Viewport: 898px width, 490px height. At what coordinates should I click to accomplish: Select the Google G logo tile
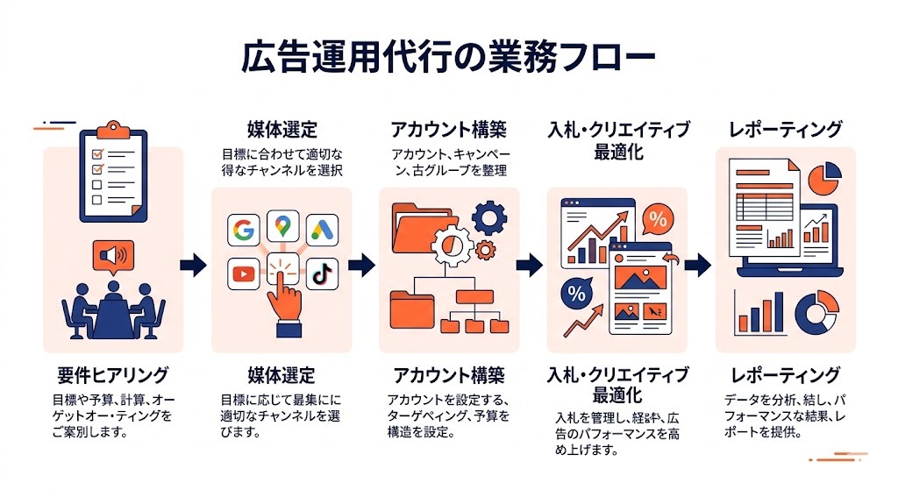(244, 230)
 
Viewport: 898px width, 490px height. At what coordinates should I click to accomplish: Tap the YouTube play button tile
(243, 273)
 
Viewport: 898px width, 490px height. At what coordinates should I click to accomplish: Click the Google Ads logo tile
(321, 230)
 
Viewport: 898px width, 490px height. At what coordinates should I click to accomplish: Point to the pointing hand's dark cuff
(288, 328)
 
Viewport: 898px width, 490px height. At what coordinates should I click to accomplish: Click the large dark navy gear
(488, 216)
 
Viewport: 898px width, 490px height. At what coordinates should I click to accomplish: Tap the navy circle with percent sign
(577, 294)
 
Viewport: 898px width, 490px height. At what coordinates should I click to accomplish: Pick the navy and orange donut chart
(813, 311)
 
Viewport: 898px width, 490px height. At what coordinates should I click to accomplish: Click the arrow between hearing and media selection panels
(193, 265)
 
